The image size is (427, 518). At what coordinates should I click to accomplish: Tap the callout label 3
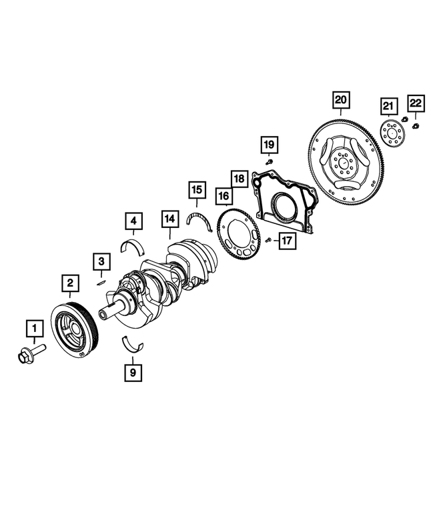point(101,261)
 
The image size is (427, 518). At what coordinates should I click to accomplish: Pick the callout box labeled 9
point(133,372)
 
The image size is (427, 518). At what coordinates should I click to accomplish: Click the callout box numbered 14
point(170,218)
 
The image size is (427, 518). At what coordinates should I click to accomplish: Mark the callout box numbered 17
point(286,240)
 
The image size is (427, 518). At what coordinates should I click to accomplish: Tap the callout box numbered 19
point(268,144)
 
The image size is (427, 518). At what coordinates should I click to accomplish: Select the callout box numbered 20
point(341,101)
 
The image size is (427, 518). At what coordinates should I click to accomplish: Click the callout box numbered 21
point(388,105)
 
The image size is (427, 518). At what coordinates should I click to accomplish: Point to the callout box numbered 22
point(415,103)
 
